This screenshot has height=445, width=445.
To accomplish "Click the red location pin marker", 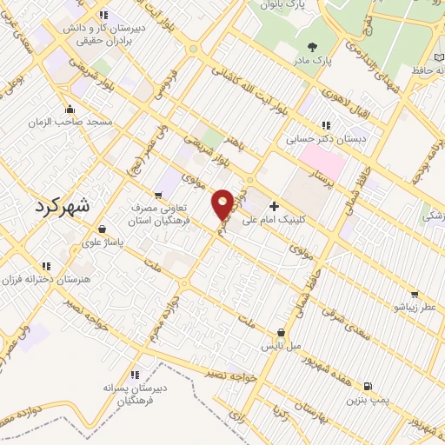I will point(222,205).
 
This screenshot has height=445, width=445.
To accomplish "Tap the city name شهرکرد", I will point(65,206).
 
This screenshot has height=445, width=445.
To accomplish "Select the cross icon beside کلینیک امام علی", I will point(275,206).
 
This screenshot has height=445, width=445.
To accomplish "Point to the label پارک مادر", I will point(311,61).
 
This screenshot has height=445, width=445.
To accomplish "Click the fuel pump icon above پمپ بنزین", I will point(368,386).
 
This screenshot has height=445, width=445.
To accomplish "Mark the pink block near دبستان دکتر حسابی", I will point(322,161).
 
